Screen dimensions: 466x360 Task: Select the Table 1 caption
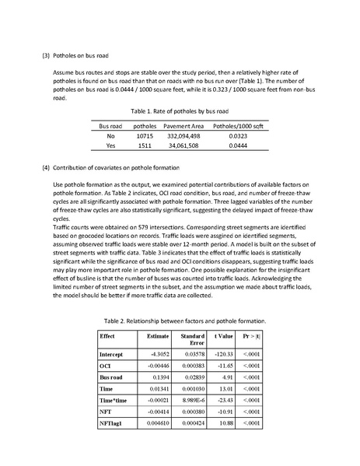tap(180, 111)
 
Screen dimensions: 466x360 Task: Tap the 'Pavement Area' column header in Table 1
tap(183, 124)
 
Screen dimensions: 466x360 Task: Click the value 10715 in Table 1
tap(145, 135)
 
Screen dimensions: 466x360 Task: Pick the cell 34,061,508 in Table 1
tap(183, 145)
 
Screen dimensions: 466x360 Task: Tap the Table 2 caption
tap(184, 320)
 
